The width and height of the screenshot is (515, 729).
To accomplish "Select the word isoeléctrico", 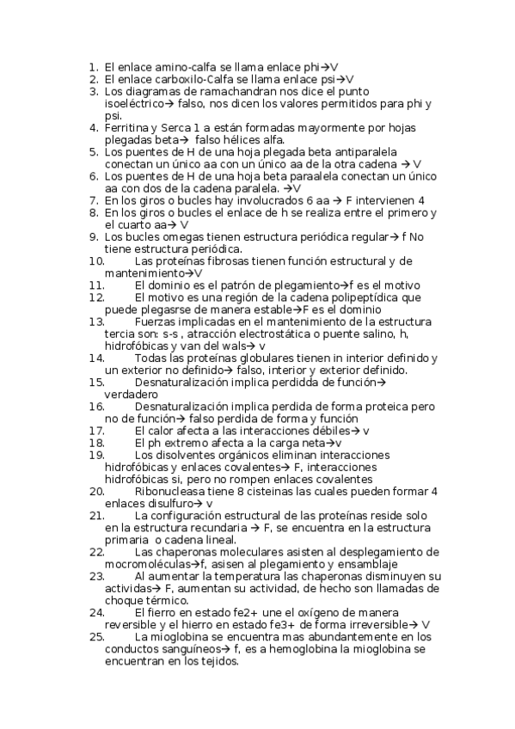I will [x=136, y=103].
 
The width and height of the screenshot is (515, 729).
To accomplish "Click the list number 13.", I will [x=95, y=321].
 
